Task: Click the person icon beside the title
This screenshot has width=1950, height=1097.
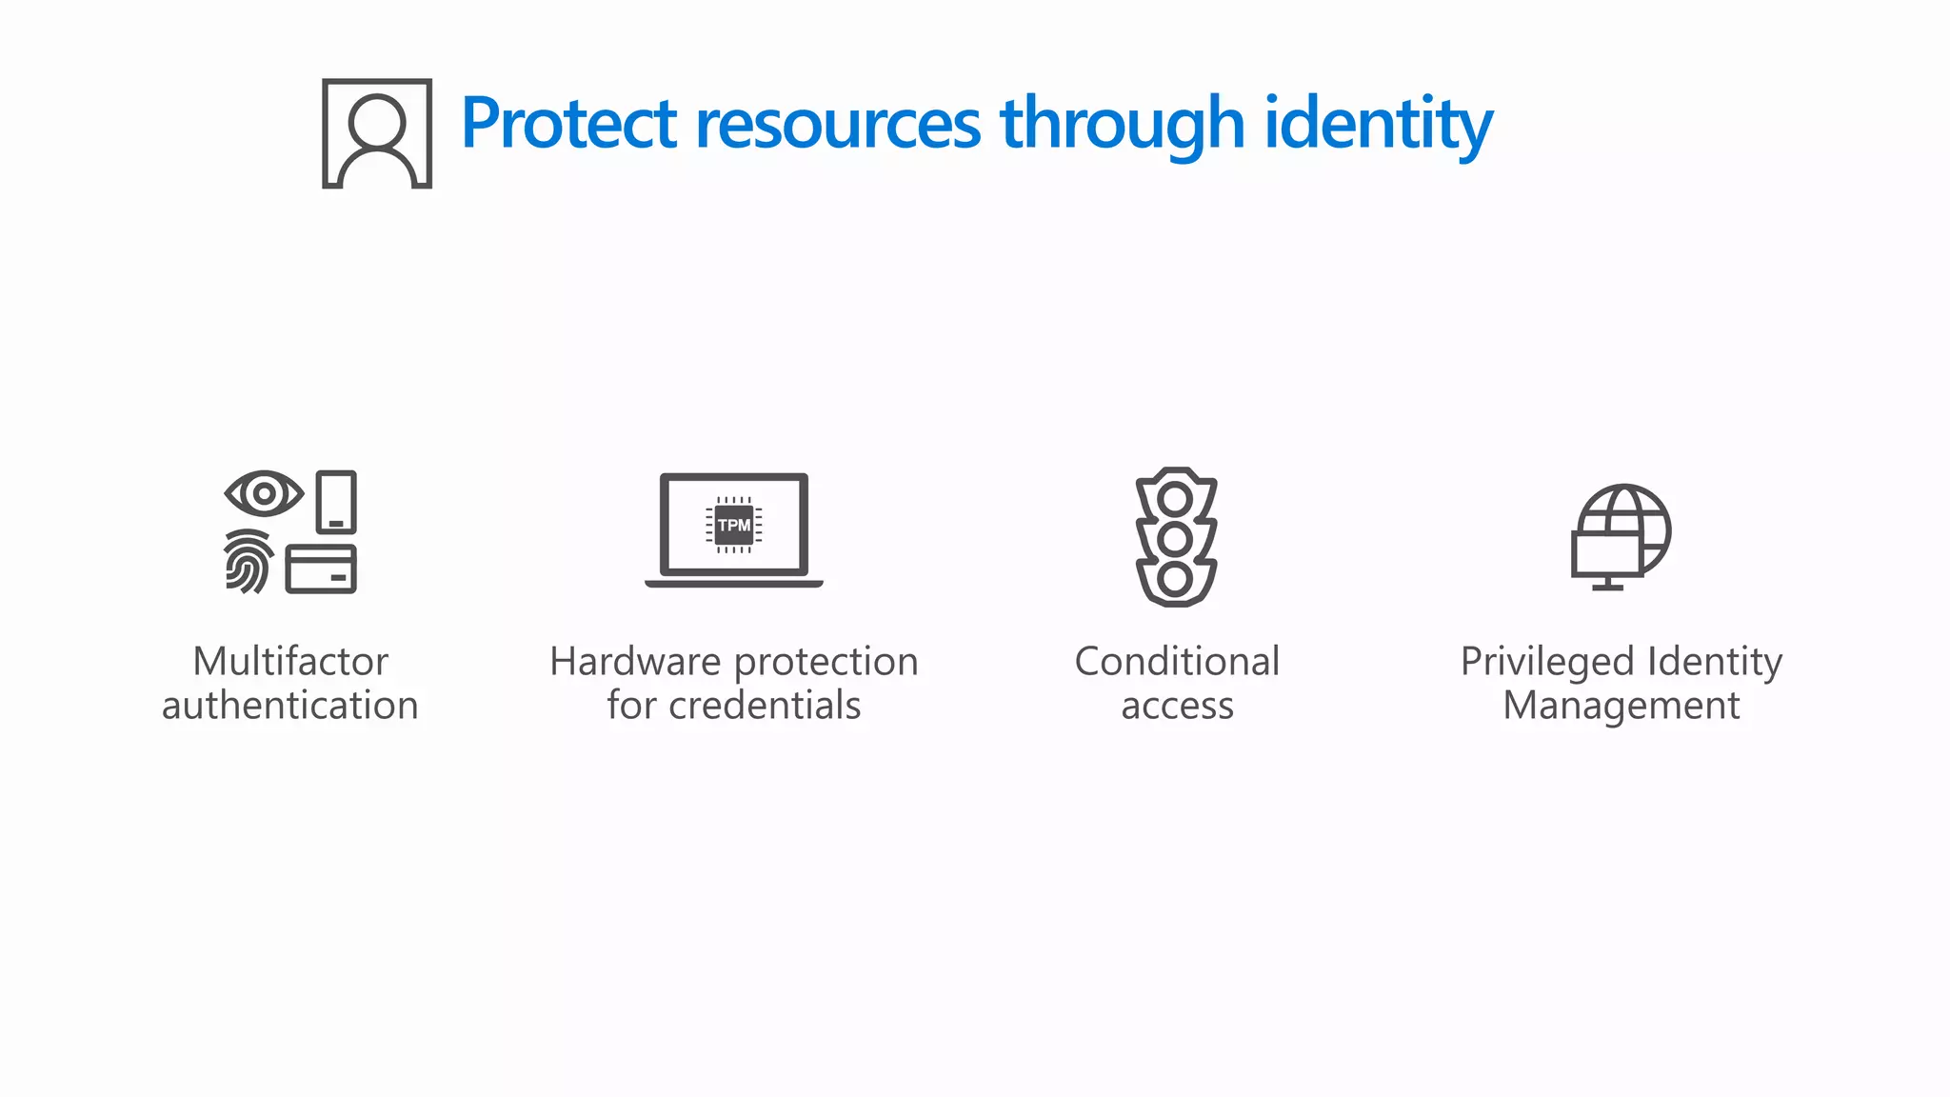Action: pyautogui.click(x=377, y=133)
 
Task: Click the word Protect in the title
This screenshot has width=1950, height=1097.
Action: pyautogui.click(x=568, y=124)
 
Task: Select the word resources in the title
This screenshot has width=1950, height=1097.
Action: pyautogui.click(x=838, y=124)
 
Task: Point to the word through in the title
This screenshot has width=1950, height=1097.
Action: pyautogui.click(x=1123, y=124)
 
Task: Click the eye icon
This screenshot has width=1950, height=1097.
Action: pyautogui.click(x=264, y=494)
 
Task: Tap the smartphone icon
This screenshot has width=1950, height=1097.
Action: pyautogui.click(x=336, y=502)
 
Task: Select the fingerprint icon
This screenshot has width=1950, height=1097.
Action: pyautogui.click(x=249, y=562)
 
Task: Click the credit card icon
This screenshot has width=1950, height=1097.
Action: pyautogui.click(x=321, y=569)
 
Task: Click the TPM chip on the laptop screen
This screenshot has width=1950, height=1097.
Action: pyautogui.click(x=734, y=525)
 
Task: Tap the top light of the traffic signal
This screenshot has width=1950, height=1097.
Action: pyautogui.click(x=1176, y=498)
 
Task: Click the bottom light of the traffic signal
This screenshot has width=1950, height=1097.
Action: pyautogui.click(x=1176, y=578)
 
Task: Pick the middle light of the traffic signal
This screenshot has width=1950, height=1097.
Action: pyautogui.click(x=1176, y=539)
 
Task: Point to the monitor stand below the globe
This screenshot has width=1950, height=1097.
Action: pyautogui.click(x=1608, y=584)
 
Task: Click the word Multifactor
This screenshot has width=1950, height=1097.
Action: pyautogui.click(x=290, y=662)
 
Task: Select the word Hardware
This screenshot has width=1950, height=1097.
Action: pyautogui.click(x=635, y=662)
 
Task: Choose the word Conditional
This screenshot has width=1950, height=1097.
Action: pyautogui.click(x=1177, y=662)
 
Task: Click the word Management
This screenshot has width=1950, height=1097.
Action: pyautogui.click(x=1621, y=706)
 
